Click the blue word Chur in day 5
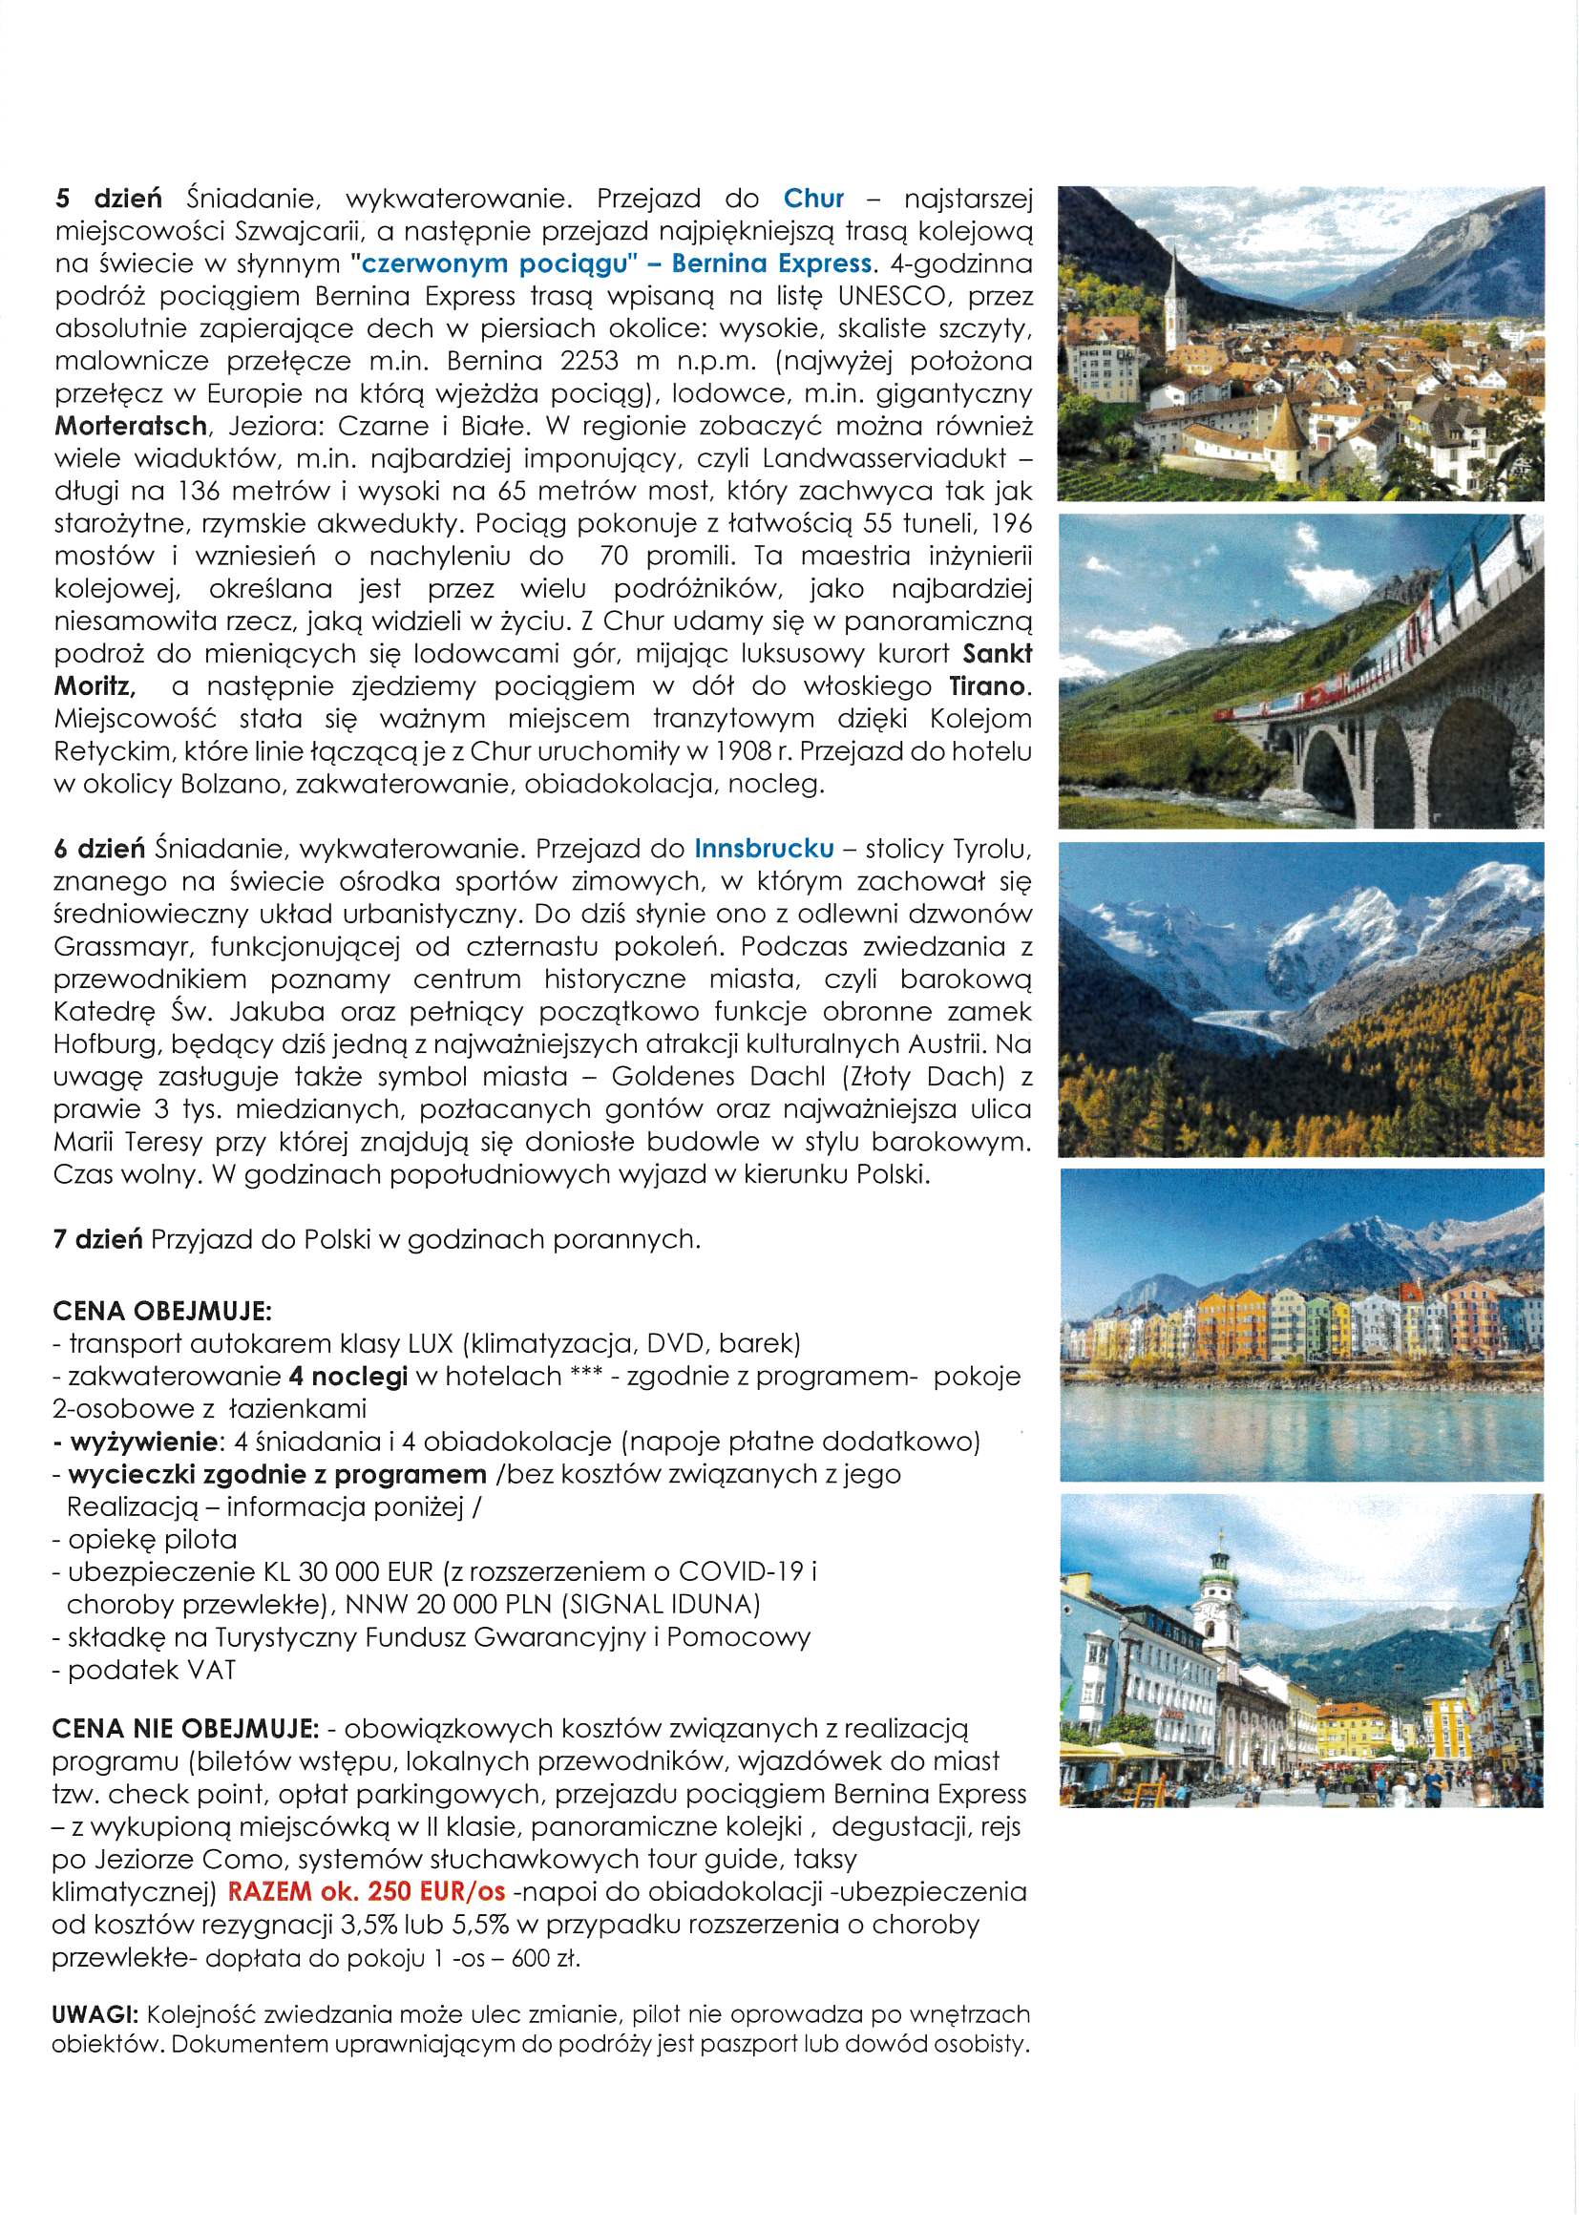[812, 199]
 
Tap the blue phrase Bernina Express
[771, 263]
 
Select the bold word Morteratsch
[130, 426]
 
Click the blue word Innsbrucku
[764, 849]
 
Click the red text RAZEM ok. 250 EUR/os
[367, 1891]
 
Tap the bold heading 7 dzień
[97, 1239]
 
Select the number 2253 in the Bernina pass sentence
[589, 361]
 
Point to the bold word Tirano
[987, 686]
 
